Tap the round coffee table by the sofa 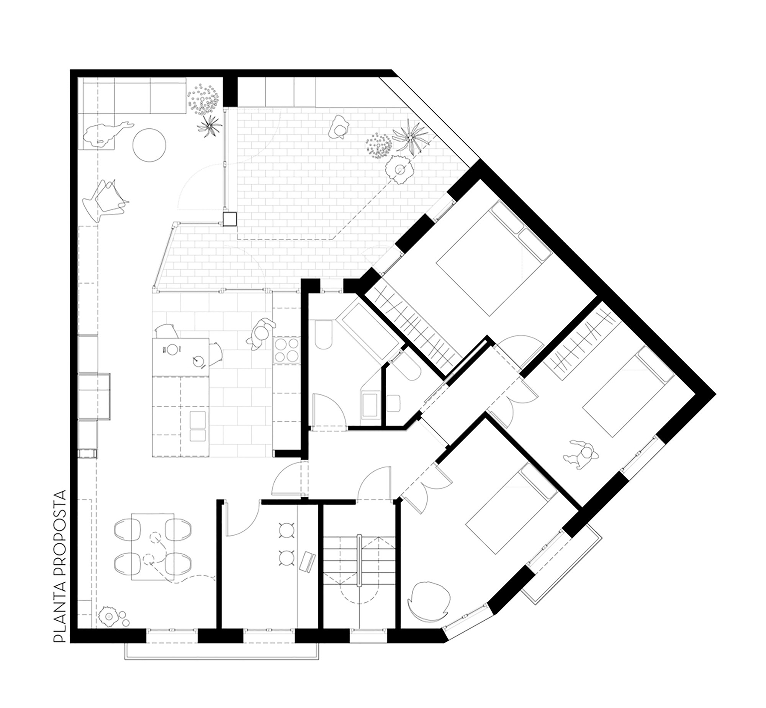point(149,145)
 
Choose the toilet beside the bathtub point(324,334)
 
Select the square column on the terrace point(230,219)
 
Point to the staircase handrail point(359,560)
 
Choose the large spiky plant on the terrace point(409,137)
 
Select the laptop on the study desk point(308,562)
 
